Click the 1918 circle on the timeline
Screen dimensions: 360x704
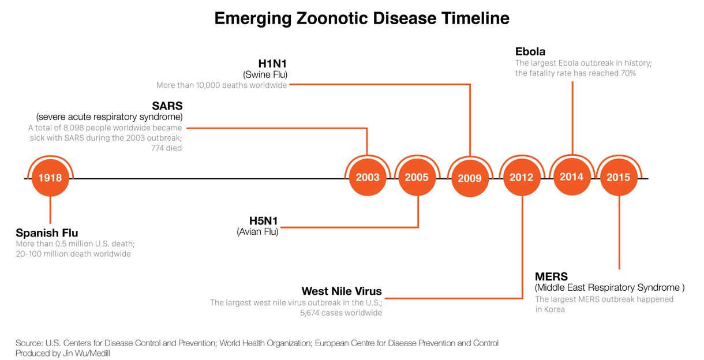[50, 178]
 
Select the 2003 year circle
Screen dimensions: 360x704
[368, 177]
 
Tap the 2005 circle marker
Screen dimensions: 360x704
[417, 177]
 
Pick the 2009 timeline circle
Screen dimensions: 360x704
[469, 178]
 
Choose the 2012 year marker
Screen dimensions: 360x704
[522, 177]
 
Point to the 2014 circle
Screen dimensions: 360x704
[571, 177]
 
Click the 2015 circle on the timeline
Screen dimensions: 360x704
[618, 177]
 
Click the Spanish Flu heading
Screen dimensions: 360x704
[46, 233]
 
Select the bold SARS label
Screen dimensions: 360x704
[167, 107]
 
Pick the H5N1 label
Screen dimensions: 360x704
[264, 221]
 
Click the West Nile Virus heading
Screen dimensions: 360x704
[342, 291]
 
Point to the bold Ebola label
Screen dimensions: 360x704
[530, 51]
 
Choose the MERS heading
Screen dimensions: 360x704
[552, 276]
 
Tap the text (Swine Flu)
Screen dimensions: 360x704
[265, 74]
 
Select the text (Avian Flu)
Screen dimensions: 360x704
[257, 232]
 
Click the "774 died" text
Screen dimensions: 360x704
[167, 148]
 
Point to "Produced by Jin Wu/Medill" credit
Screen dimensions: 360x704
[63, 353]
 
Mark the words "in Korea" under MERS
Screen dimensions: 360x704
[550, 309]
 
